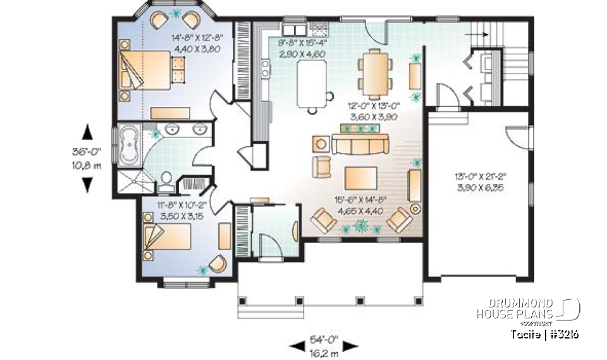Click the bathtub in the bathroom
click(132, 145)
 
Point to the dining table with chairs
click(375, 71)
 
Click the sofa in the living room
click(359, 146)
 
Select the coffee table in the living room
click(360, 178)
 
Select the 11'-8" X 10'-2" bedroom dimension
click(181, 210)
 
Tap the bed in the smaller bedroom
click(168, 239)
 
